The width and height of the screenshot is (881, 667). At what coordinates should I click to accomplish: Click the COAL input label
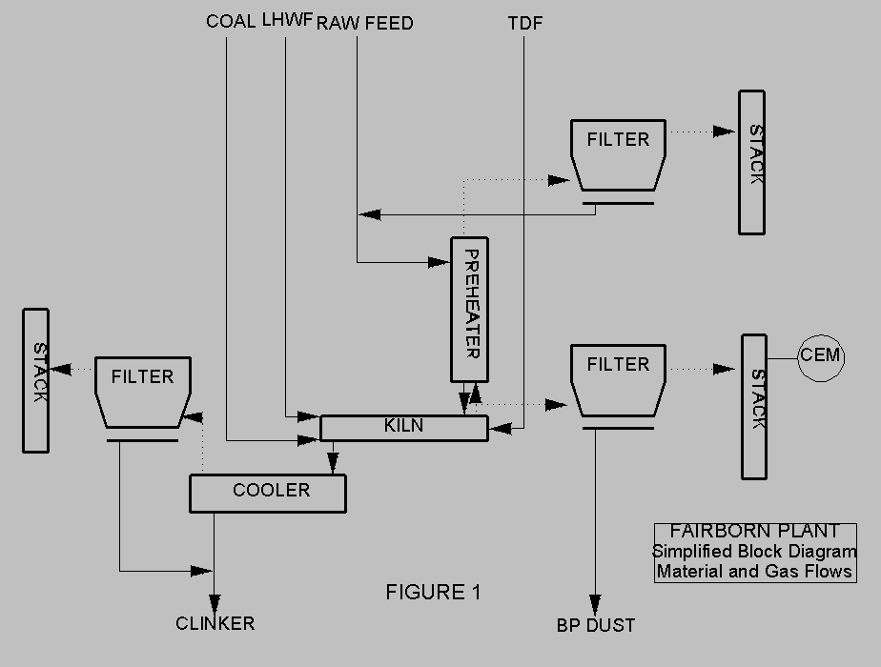coord(231,22)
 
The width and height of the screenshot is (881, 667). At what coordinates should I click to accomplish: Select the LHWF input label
coord(287,21)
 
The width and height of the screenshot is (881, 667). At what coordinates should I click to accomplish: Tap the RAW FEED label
coord(365,22)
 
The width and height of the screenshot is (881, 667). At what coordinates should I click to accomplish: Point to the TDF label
coord(525,23)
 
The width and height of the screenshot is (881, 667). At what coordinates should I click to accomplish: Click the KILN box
coord(404,428)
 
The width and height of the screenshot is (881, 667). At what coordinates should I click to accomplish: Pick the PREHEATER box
coord(469,310)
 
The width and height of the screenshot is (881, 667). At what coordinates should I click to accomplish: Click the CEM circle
coord(821,356)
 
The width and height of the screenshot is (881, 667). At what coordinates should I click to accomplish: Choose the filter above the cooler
coord(143,391)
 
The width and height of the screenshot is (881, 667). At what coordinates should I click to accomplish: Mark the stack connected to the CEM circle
coord(754,406)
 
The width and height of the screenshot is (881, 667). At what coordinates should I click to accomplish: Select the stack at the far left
coord(36,380)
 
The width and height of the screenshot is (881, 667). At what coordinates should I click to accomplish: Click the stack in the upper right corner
coord(751,162)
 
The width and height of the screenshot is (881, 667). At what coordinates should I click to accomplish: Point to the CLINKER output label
coord(215,624)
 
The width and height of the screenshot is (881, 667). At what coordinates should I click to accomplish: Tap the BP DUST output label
coord(596,626)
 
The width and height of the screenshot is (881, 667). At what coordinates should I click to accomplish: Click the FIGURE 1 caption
coord(433,593)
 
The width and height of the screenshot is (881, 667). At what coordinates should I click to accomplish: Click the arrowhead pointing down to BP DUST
coord(596,606)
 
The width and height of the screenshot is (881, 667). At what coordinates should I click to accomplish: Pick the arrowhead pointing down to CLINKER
coord(215,604)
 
